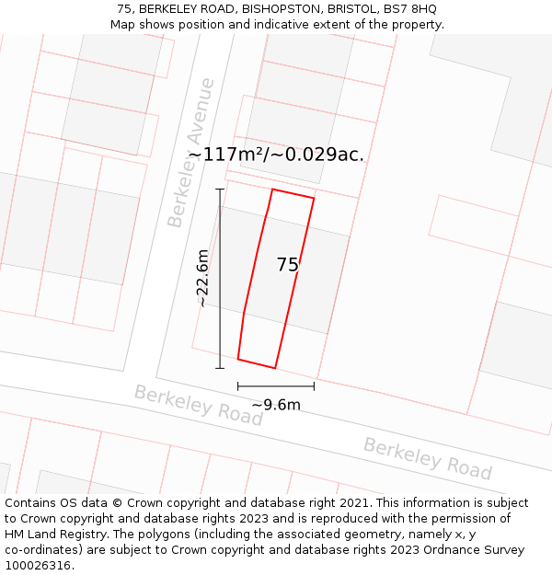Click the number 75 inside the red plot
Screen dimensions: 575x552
288,265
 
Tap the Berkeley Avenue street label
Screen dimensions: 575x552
190,153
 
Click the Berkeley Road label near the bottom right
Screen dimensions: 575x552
428,458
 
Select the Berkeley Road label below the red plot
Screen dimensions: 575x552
198,406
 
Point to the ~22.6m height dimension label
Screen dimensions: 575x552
203,278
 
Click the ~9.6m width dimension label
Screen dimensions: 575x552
276,405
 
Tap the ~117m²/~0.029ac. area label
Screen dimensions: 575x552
276,155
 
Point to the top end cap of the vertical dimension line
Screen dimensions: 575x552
220,190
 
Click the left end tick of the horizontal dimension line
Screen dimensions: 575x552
238,386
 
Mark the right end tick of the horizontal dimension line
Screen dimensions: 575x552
314,386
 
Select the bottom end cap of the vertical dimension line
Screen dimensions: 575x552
220,368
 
